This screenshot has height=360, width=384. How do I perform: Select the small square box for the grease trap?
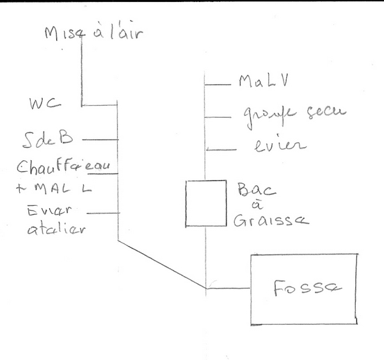206,203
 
